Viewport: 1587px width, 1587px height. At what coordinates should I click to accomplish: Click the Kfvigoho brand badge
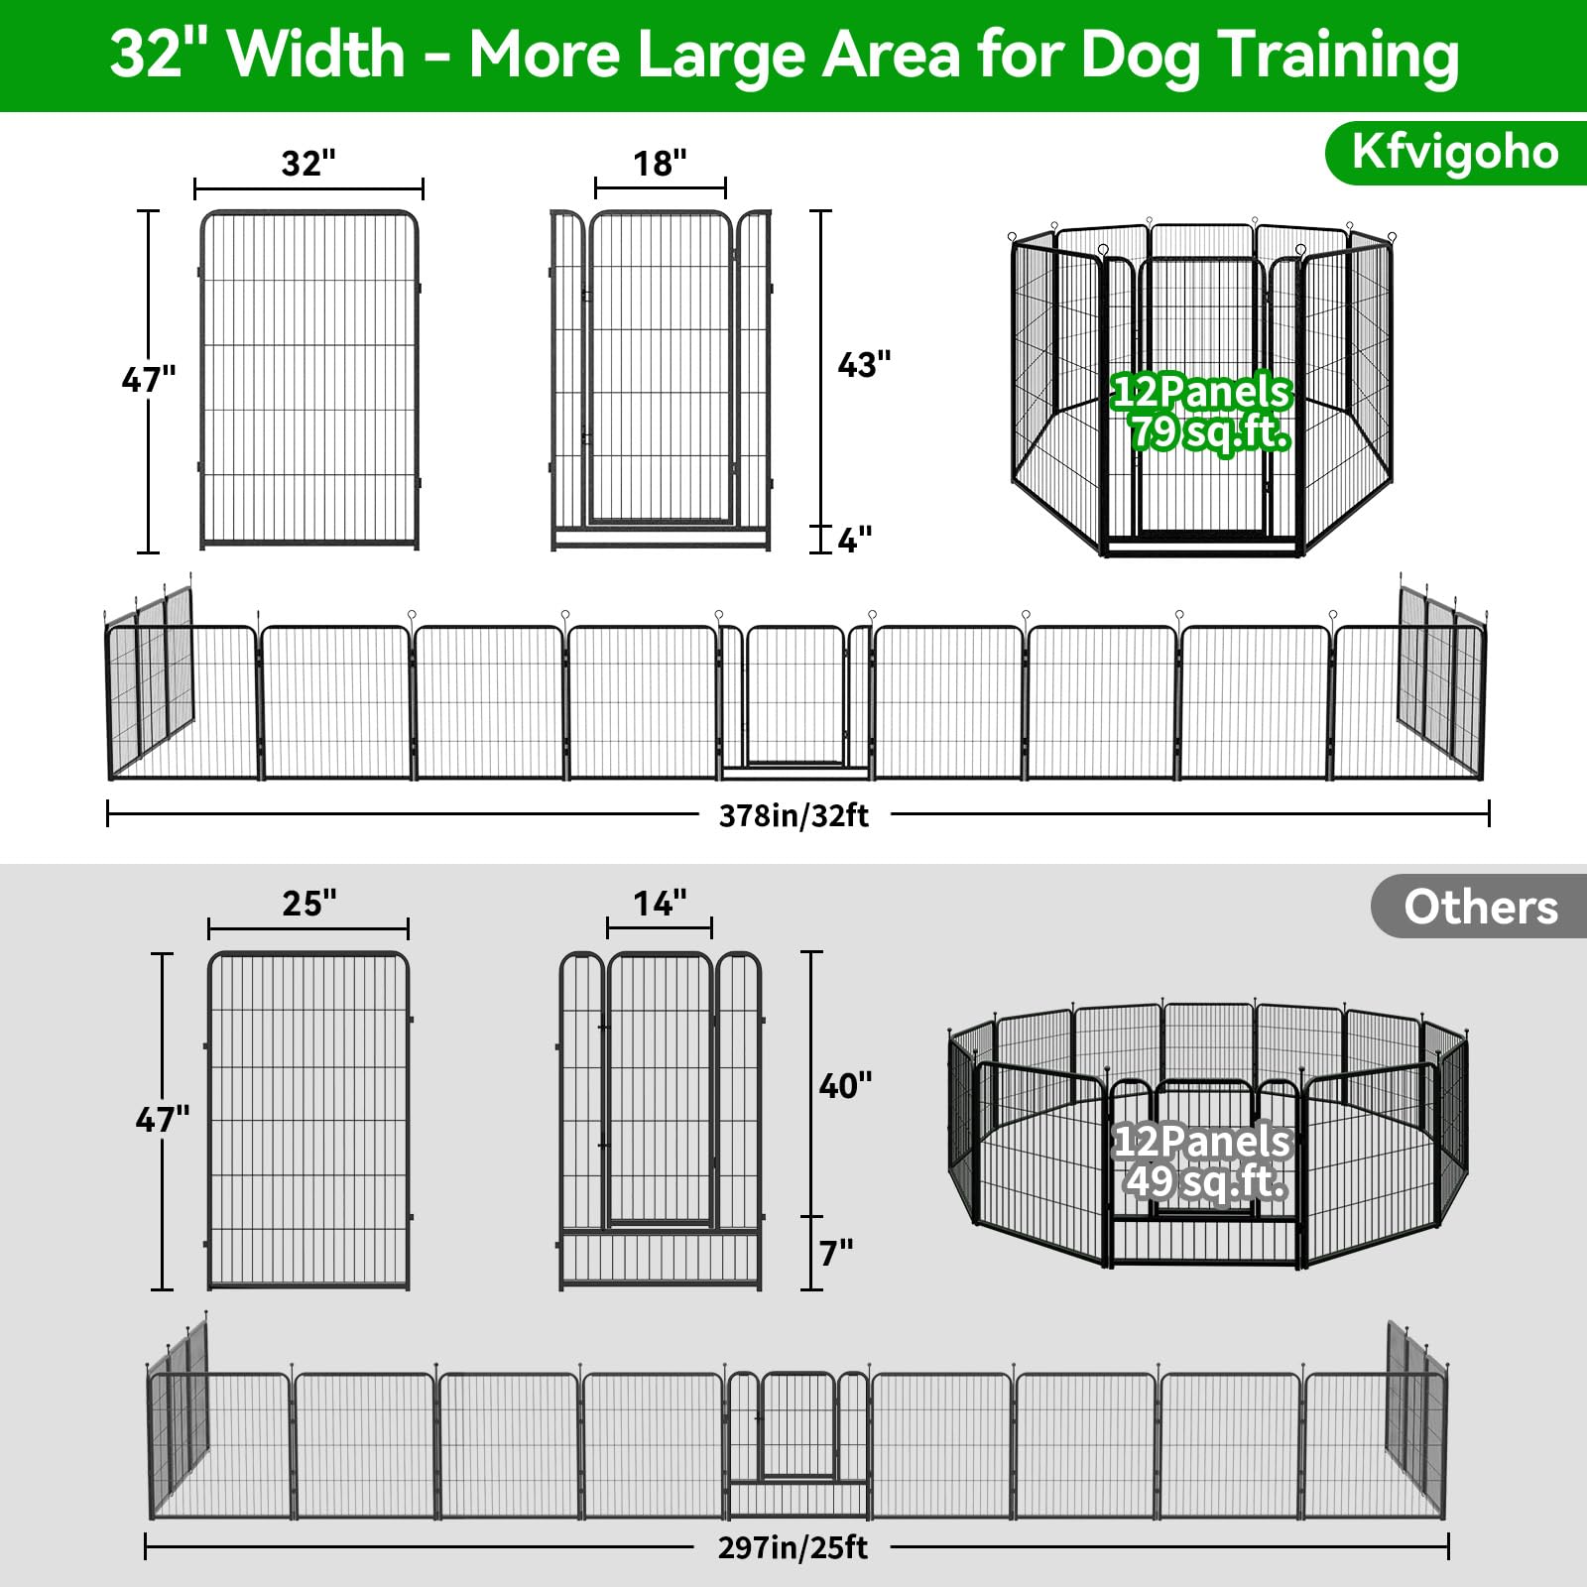click(1454, 153)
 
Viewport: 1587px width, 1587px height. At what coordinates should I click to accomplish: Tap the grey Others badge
click(1480, 907)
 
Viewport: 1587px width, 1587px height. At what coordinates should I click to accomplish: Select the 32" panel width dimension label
click(308, 163)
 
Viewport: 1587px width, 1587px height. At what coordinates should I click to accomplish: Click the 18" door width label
click(660, 163)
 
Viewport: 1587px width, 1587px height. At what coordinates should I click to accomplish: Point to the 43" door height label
click(864, 365)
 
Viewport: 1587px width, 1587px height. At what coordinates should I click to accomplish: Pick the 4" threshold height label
click(854, 540)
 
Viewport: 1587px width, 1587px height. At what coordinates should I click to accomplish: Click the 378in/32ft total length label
click(793, 815)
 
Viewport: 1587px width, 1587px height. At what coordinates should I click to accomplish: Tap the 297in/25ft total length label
click(793, 1548)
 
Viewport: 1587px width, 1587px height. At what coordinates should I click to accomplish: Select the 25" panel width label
click(308, 904)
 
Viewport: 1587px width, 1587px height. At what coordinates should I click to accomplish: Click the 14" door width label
click(660, 904)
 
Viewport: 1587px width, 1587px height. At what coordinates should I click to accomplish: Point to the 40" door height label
click(845, 1086)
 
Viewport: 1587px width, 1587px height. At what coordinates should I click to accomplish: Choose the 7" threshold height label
click(836, 1254)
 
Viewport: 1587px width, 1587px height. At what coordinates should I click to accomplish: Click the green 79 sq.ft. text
click(1210, 433)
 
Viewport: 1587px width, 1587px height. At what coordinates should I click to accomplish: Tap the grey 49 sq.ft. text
click(1206, 1181)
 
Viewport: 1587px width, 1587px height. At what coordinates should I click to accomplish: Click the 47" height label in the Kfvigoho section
click(148, 379)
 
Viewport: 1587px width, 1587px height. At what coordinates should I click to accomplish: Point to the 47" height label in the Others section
click(162, 1120)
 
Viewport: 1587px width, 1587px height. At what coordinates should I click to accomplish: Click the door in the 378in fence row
click(795, 696)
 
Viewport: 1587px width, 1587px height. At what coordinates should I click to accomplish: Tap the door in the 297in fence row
click(797, 1425)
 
